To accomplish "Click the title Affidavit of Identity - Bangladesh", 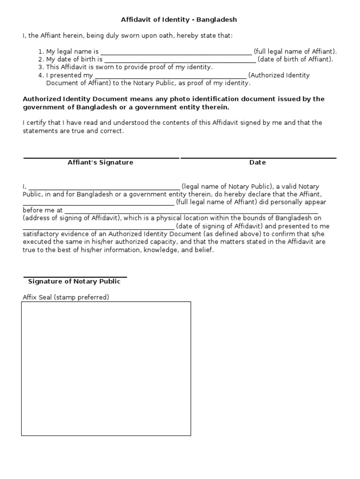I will pyautogui.click(x=180, y=20).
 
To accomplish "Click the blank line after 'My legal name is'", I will pyautogui.click(x=176, y=52).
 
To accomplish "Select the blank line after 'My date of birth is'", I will pyautogui.click(x=180, y=60).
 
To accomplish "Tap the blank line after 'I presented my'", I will pyautogui.click(x=171, y=76).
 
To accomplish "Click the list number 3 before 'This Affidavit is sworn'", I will pyautogui.click(x=41, y=67).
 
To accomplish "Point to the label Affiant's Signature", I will pyautogui.click(x=100, y=162).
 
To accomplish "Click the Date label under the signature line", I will pyautogui.click(x=257, y=162).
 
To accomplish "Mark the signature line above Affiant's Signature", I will pyautogui.click(x=101, y=158).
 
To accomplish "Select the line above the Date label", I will pyautogui.click(x=258, y=158).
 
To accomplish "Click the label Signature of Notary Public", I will pyautogui.click(x=74, y=281).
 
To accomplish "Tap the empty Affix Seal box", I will pyautogui.click(x=106, y=369).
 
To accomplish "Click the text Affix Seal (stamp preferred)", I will pyautogui.click(x=66, y=297).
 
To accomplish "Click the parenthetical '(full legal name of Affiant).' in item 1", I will pyautogui.click(x=295, y=51).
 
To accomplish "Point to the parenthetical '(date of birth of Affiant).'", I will pyautogui.click(x=296, y=59).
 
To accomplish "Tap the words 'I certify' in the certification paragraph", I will pyautogui.click(x=35, y=123).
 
